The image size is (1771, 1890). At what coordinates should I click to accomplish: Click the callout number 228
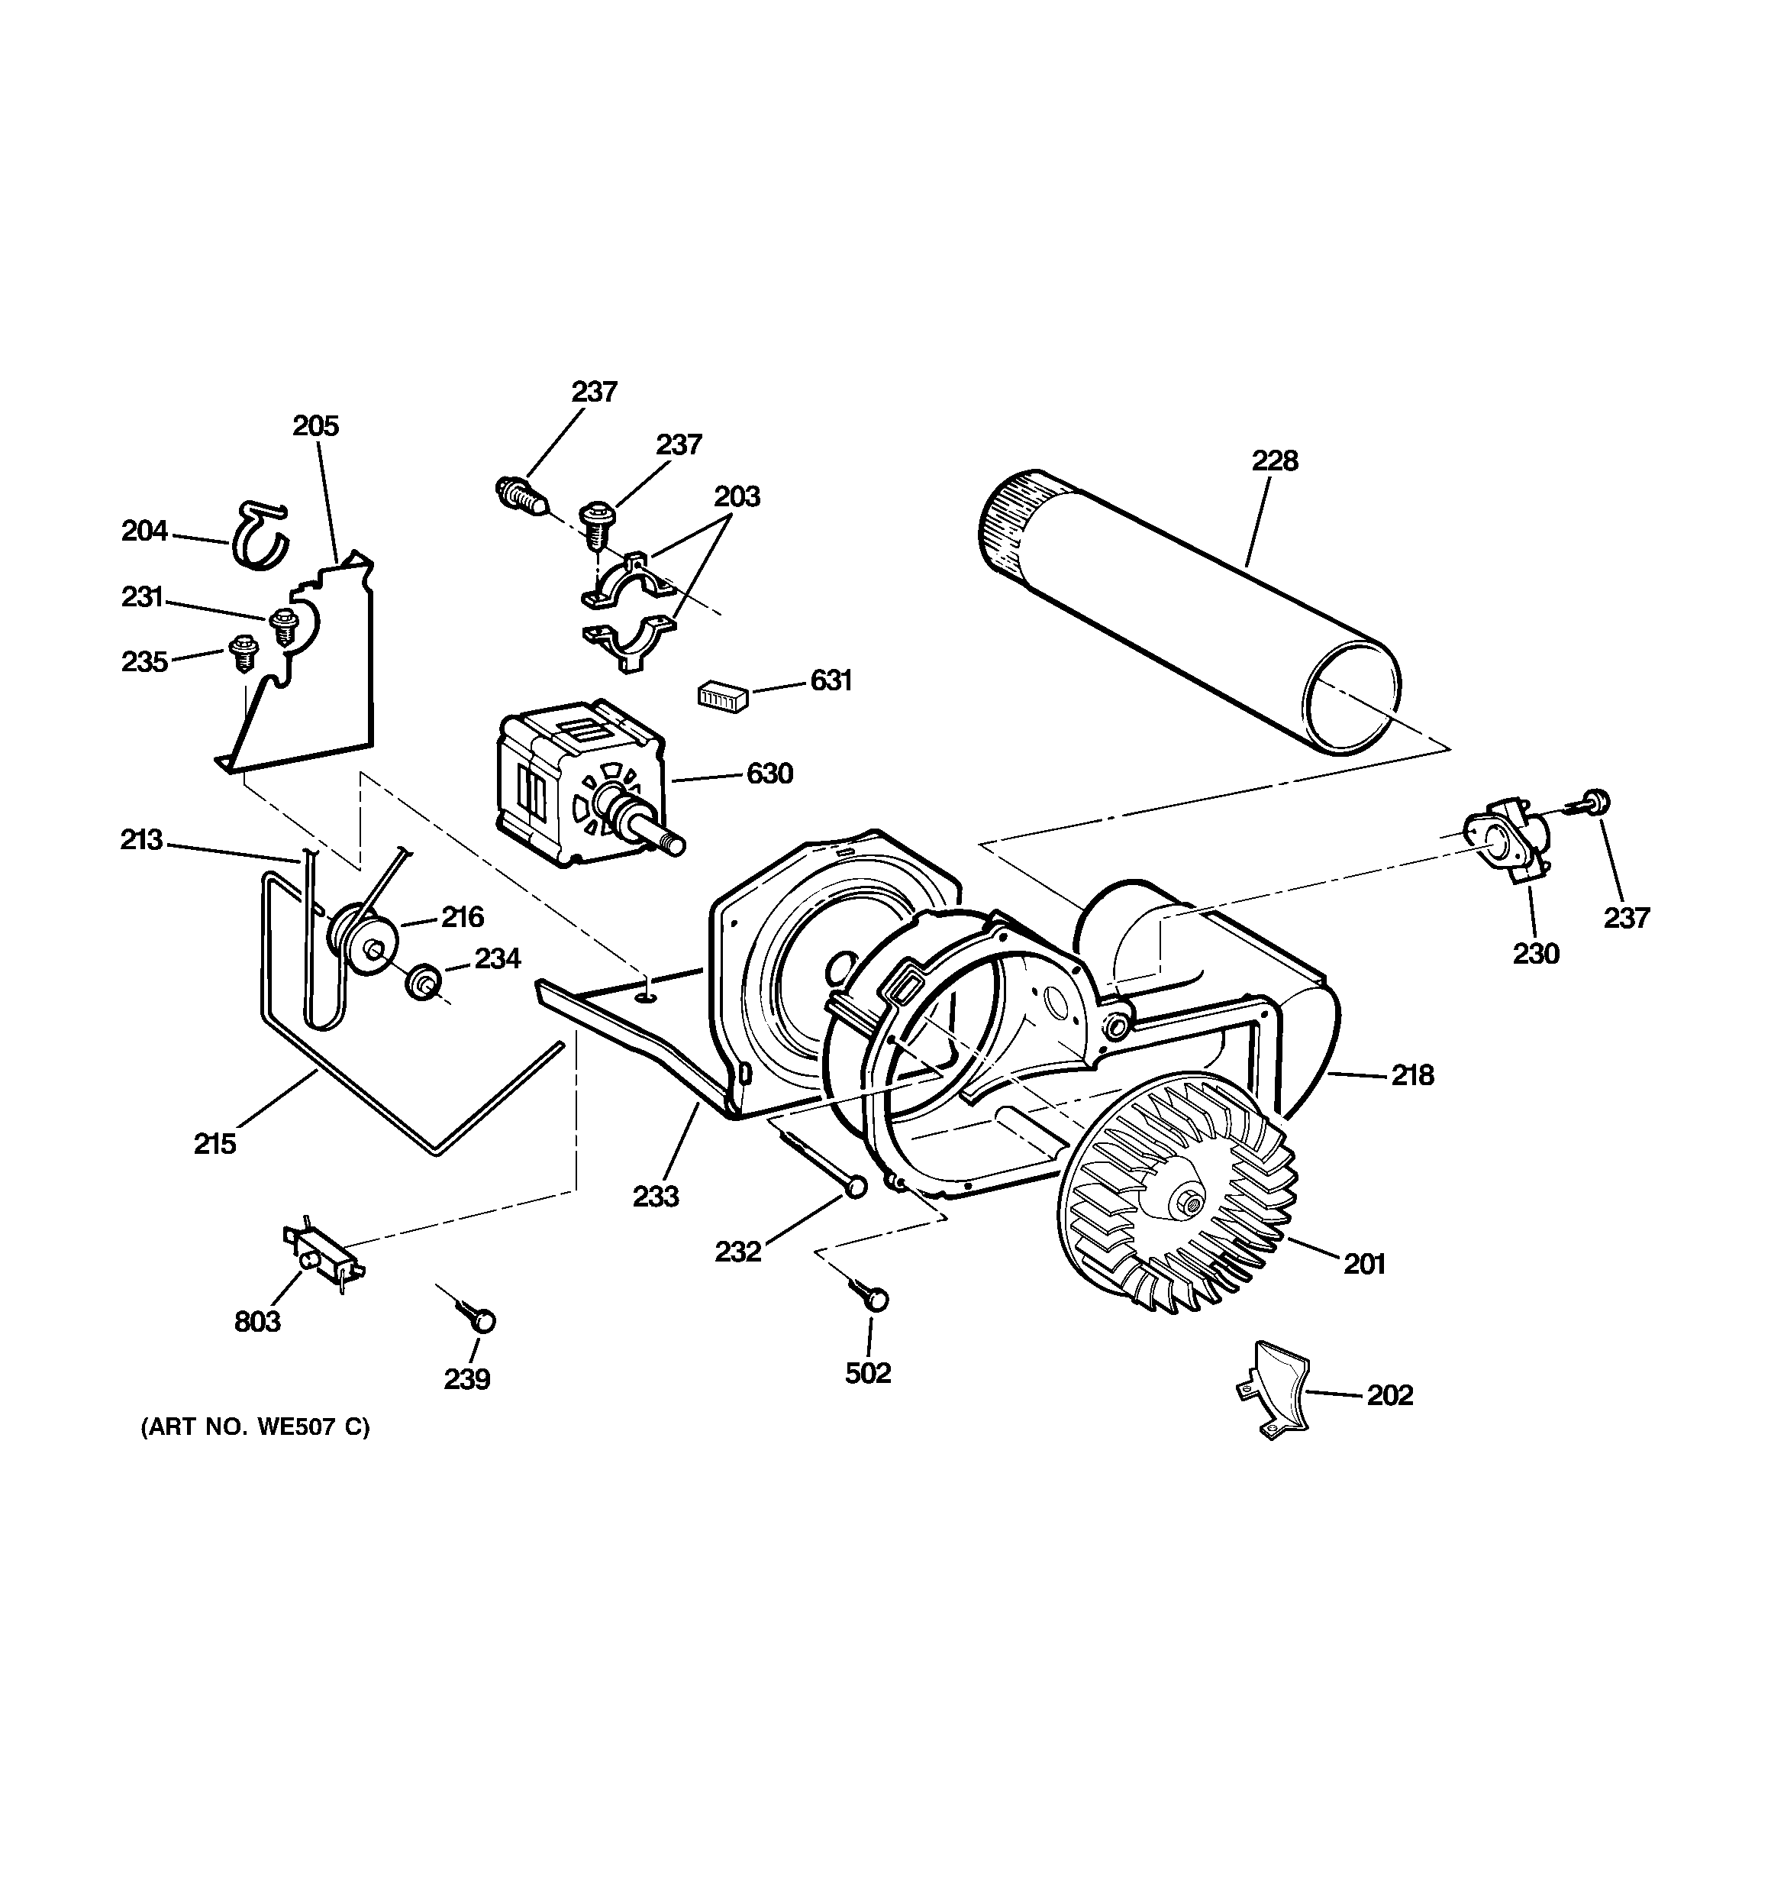point(1274,461)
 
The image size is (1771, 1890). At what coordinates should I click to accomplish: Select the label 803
point(256,1322)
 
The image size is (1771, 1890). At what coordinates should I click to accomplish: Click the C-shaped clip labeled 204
point(260,537)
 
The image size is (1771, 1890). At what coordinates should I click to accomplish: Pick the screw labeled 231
point(283,625)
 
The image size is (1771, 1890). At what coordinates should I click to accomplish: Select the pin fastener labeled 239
point(483,1322)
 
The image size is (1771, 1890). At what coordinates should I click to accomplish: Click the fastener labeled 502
point(876,1299)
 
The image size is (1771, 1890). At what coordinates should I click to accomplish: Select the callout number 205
point(315,426)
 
